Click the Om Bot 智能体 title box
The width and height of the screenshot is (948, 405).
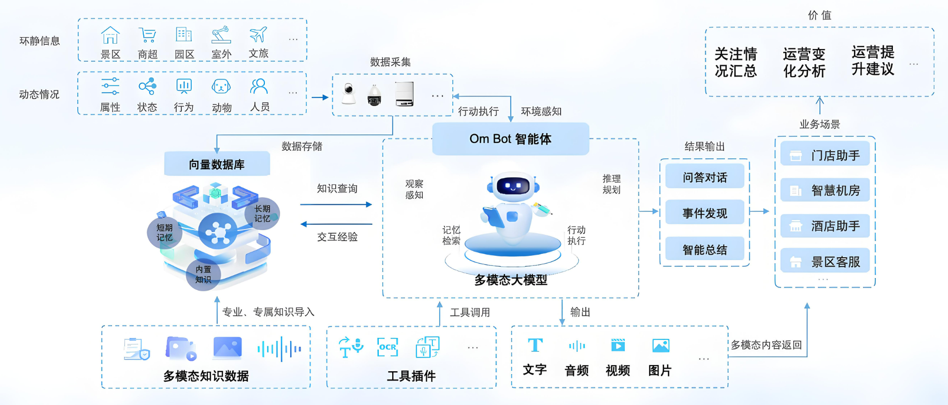point(510,139)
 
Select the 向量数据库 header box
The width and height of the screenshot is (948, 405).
point(217,164)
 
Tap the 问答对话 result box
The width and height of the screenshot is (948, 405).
point(704,177)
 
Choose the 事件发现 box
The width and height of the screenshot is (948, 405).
point(704,213)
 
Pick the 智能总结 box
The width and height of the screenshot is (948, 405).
point(704,249)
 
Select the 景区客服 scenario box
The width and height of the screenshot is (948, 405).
point(825,261)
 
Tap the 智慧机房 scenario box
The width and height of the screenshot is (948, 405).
point(825,190)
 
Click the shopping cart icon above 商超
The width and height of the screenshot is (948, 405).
point(147,35)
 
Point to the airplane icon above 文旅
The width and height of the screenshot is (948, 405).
point(258,35)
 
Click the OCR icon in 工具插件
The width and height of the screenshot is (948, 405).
point(387,347)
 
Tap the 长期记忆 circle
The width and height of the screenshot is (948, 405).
point(262,213)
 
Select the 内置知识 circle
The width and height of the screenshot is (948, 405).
point(203,274)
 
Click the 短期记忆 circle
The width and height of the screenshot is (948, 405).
point(164,232)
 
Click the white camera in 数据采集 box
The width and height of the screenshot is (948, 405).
point(349,94)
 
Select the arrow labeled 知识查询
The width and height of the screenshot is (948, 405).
point(336,204)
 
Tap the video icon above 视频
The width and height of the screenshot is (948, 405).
point(618,345)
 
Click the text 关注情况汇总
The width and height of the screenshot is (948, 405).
point(735,62)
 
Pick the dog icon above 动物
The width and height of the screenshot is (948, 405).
point(221,87)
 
